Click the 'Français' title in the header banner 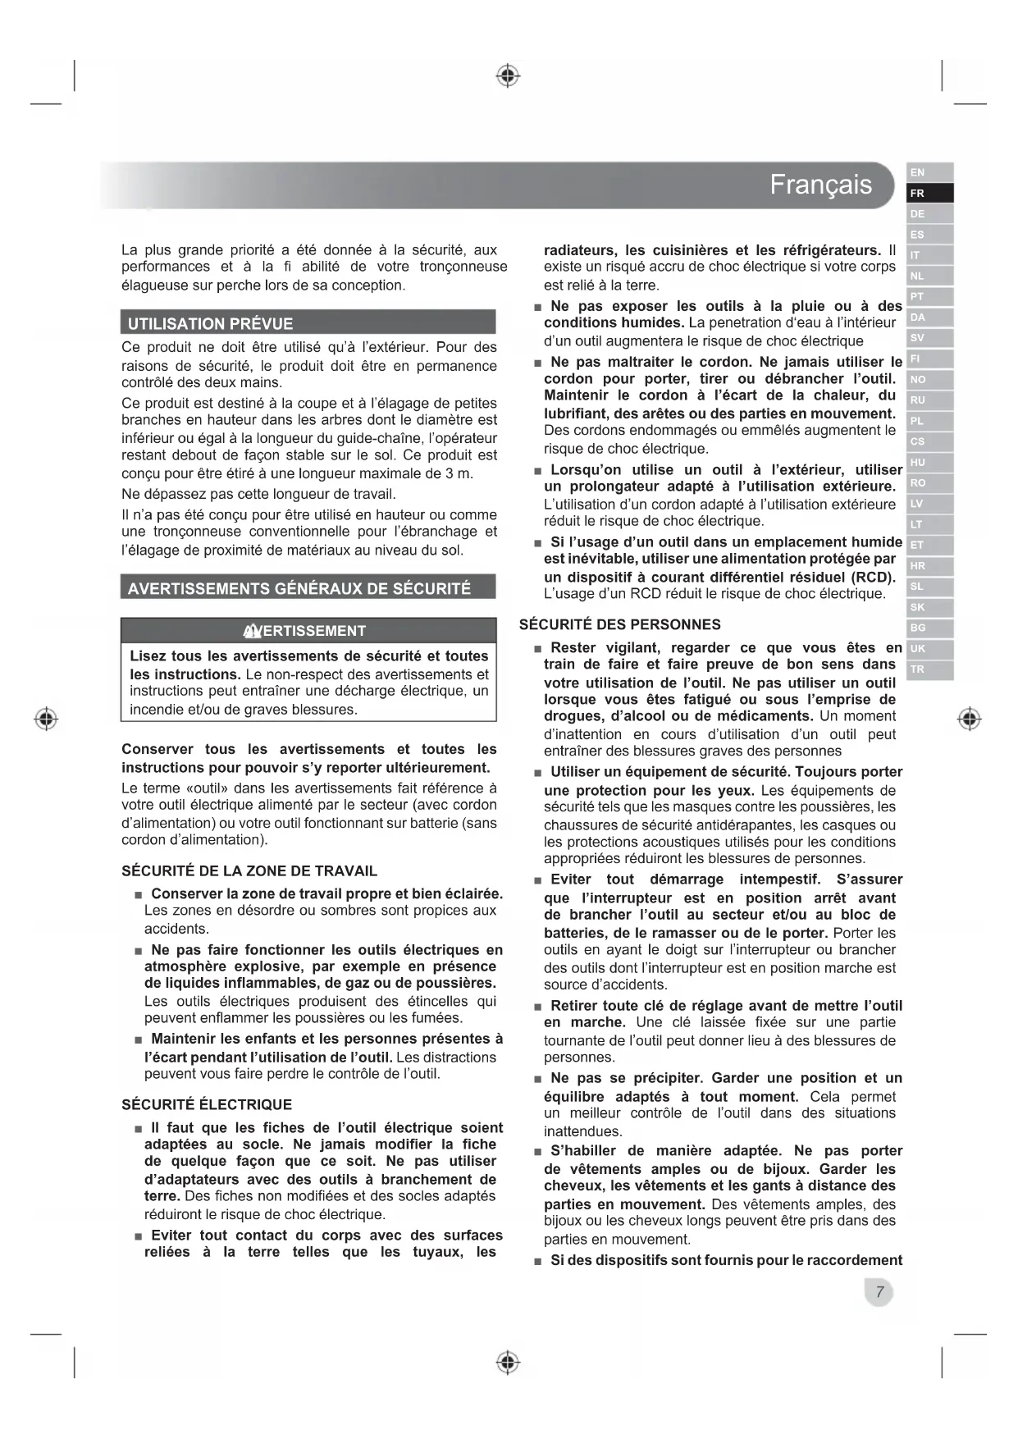click(820, 185)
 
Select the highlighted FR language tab click(929, 194)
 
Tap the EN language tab click(929, 172)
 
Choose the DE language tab click(929, 214)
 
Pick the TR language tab click(929, 669)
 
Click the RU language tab click(929, 400)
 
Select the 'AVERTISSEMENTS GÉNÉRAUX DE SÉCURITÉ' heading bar click(308, 588)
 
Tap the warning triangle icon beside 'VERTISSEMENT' click(252, 631)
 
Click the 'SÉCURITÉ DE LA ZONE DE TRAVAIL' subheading click(249, 871)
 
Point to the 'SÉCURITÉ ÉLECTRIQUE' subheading click(207, 1105)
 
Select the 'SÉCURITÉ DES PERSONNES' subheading click(620, 625)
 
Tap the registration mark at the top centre click(509, 76)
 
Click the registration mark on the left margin click(47, 719)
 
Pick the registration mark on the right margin click(970, 719)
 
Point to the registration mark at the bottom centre click(509, 1363)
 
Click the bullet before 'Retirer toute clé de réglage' click(538, 1007)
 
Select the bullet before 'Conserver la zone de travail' click(139, 895)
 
